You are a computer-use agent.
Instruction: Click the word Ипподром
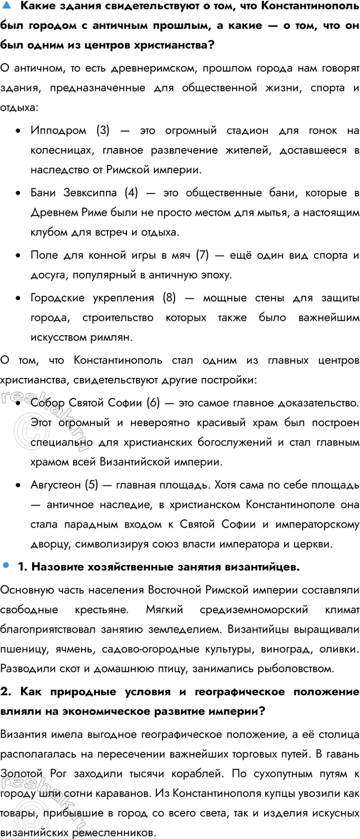coord(58,130)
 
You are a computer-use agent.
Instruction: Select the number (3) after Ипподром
coord(103,130)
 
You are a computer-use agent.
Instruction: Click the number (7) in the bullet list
coord(202,255)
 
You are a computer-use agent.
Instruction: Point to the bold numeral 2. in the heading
coord(6,691)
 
